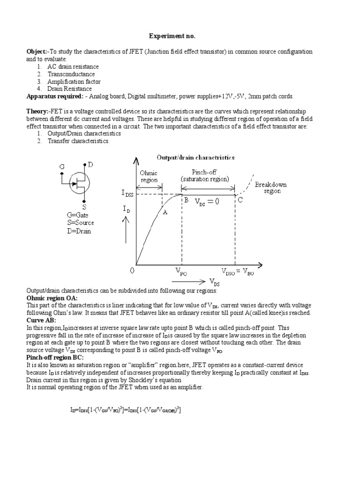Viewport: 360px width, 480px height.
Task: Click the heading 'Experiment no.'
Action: [171, 36]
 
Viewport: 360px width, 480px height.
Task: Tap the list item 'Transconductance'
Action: [71, 74]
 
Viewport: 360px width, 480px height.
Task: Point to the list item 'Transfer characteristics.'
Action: [78, 141]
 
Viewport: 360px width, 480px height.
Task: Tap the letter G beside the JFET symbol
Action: [62, 166]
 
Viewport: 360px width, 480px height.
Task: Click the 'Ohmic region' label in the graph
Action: [149, 176]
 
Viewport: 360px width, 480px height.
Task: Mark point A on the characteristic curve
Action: [165, 211]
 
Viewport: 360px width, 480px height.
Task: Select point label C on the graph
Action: [240, 201]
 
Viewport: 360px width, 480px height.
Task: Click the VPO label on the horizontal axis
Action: [181, 272]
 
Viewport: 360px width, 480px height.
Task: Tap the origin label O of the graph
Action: [132, 271]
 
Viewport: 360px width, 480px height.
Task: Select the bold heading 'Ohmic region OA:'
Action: [52, 298]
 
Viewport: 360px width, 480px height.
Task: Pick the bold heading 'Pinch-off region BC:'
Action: [55, 358]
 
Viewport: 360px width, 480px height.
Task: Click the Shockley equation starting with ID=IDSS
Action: [126, 410]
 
